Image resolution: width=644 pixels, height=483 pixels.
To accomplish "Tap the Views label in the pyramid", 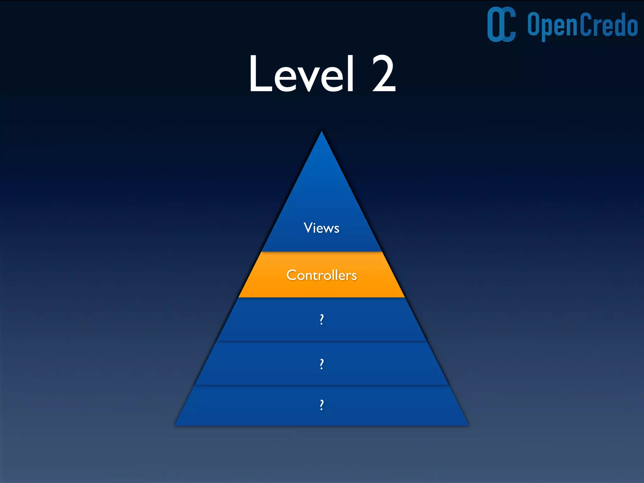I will coord(321,228).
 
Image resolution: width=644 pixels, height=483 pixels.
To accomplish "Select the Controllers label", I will coord(321,275).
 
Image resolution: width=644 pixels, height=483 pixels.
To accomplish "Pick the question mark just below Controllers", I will coord(321,319).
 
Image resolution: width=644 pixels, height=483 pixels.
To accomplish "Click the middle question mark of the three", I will coord(321,364).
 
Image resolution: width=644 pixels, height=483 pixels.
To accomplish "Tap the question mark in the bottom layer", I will coord(321,405).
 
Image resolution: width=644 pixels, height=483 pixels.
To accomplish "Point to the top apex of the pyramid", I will coord(321,132).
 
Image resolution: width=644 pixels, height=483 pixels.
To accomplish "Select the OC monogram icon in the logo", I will coord(501,25).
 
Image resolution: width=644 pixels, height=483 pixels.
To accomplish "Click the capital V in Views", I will coord(308,227).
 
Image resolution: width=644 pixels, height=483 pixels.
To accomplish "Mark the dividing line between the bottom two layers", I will coord(321,385).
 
